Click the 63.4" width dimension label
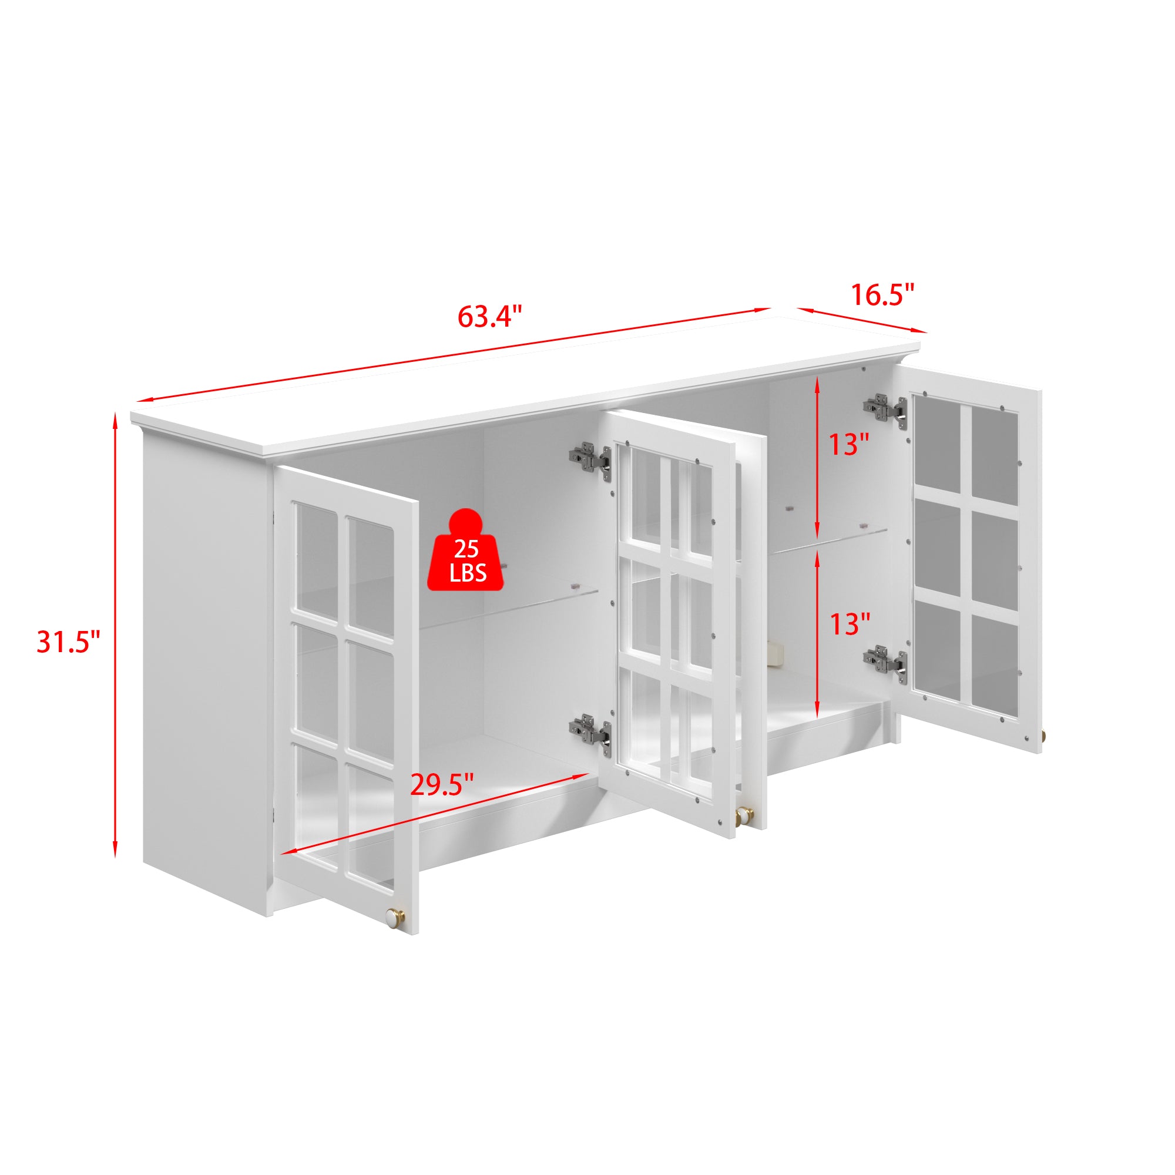(x=489, y=316)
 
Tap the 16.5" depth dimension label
(x=881, y=295)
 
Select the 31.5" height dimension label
(x=68, y=642)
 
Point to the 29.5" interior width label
(x=442, y=785)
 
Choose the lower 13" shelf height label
(x=850, y=624)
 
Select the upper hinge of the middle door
(x=589, y=459)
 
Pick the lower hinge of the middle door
(x=589, y=730)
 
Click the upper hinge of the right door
(x=885, y=408)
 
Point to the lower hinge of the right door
(x=885, y=661)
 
